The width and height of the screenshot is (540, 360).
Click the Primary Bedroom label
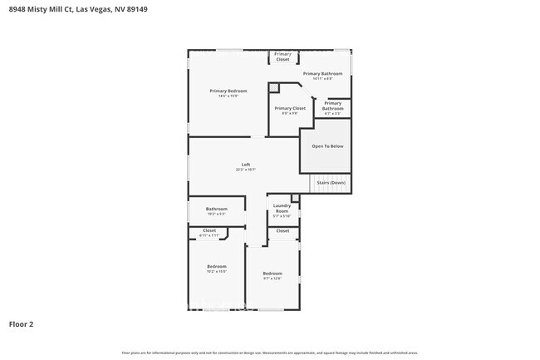[x=223, y=91]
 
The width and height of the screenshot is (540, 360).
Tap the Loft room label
[x=245, y=165]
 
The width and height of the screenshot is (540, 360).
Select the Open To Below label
[x=326, y=146]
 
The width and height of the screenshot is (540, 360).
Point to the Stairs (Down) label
[x=331, y=182]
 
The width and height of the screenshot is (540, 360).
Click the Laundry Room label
[x=282, y=209]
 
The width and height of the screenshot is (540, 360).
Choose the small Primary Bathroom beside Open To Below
[x=332, y=106]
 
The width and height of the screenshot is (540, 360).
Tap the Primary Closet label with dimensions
[x=290, y=108]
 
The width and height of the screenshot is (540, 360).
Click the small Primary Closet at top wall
[x=282, y=57]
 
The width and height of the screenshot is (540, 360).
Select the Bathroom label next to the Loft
[x=216, y=209]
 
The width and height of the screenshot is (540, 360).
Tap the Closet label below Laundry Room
[x=282, y=230]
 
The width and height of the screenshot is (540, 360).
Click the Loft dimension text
[x=245, y=170]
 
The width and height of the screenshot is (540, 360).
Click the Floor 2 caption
[x=21, y=324]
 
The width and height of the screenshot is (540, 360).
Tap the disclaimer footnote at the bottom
[x=269, y=353]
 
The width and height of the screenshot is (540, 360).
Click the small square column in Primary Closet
[x=272, y=87]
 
